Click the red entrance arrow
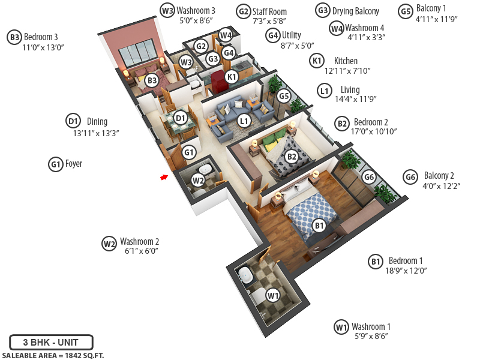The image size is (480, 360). click(x=163, y=177)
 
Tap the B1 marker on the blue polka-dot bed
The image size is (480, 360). click(x=319, y=226)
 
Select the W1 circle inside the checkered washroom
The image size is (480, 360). click(x=273, y=295)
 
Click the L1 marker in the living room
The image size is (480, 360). click(x=244, y=121)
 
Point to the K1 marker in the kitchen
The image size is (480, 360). click(x=232, y=76)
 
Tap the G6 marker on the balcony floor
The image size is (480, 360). click(x=370, y=177)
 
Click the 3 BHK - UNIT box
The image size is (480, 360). click(x=52, y=343)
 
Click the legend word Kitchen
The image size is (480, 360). click(x=346, y=61)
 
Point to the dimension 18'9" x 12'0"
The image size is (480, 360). click(x=406, y=271)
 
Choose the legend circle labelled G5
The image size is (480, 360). click(x=405, y=10)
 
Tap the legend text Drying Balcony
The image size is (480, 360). click(x=356, y=11)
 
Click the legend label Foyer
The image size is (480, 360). click(x=74, y=163)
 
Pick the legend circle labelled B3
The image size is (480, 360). click(x=14, y=37)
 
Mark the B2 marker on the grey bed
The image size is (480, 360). click(x=292, y=157)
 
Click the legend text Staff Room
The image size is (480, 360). click(x=269, y=11)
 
